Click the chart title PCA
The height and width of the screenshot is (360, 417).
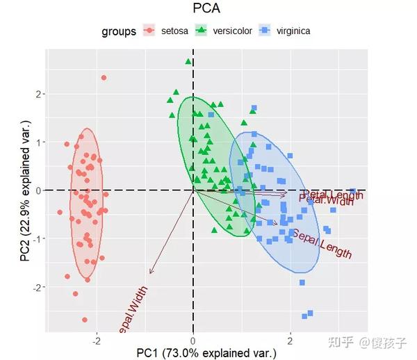(x=206, y=8)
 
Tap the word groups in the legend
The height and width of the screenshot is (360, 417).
(x=118, y=31)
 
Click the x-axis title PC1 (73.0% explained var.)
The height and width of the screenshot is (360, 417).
(x=206, y=352)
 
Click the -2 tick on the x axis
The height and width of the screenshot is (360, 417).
(x=96, y=341)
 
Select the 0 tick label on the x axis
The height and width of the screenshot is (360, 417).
(x=193, y=341)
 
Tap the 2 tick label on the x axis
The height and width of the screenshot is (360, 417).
(x=290, y=341)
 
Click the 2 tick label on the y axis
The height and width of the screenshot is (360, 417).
(x=40, y=94)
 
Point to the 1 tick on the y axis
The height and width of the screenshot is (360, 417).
(x=40, y=142)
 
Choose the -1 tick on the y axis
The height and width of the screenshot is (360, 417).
(x=38, y=238)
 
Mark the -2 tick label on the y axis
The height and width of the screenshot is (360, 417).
(x=38, y=286)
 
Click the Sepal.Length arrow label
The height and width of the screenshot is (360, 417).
(x=321, y=244)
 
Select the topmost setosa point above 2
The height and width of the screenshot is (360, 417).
(x=104, y=78)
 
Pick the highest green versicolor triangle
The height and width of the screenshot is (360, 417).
(x=188, y=62)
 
